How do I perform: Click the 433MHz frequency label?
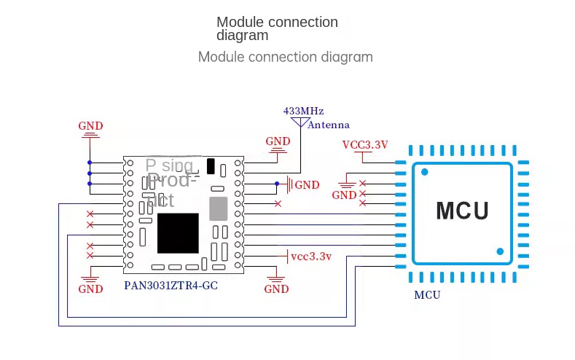coord(303,111)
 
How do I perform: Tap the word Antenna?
coord(329,125)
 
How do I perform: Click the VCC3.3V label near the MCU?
coord(365,144)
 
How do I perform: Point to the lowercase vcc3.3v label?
coord(311,257)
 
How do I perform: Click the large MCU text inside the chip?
coord(462,211)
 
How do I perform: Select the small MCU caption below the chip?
coord(427,295)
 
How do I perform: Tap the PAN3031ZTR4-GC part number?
coord(171,286)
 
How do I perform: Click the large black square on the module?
coord(178,233)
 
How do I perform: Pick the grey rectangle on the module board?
coord(219,208)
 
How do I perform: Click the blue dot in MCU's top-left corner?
coord(424,173)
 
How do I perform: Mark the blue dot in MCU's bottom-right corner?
coord(500,251)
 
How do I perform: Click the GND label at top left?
coord(90,126)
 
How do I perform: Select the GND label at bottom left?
coord(90,289)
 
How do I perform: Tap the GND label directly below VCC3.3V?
coord(344,195)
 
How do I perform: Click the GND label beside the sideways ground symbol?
coord(307,185)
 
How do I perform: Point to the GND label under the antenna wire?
coord(278,141)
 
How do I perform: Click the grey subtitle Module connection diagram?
coord(286,57)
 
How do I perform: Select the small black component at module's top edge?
coord(211,166)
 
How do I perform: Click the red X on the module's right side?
coord(278,203)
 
